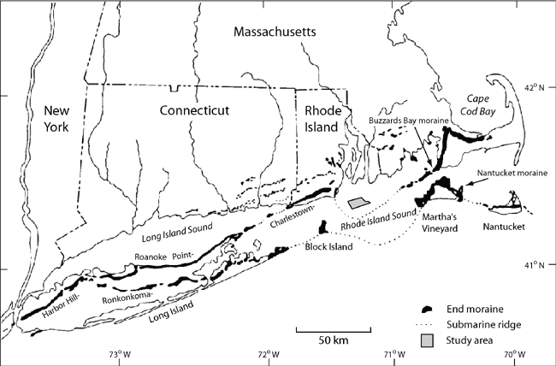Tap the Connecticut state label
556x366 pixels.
(196, 111)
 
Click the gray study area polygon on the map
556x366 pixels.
(358, 204)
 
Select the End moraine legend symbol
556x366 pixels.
(430, 308)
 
